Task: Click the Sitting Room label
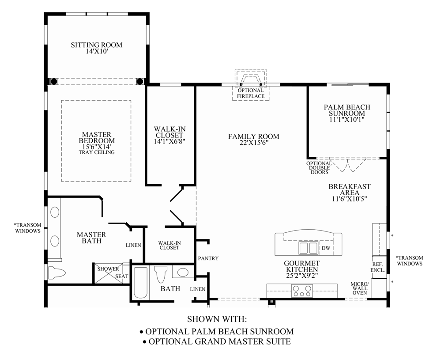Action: click(96, 45)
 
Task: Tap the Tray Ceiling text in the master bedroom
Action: click(97, 152)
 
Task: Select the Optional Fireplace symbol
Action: click(251, 80)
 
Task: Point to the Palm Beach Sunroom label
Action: click(347, 110)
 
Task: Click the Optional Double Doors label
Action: click(319, 168)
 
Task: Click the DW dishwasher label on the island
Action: click(326, 248)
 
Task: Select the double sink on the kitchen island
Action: click(308, 247)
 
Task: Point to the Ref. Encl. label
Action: click(378, 267)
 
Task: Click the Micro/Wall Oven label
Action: click(358, 288)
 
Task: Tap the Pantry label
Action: click(208, 258)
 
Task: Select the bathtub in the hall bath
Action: click(141, 283)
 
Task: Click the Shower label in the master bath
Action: click(108, 269)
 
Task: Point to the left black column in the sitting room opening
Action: click(53, 81)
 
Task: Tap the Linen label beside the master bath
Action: click(133, 245)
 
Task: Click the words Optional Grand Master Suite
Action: click(220, 341)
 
